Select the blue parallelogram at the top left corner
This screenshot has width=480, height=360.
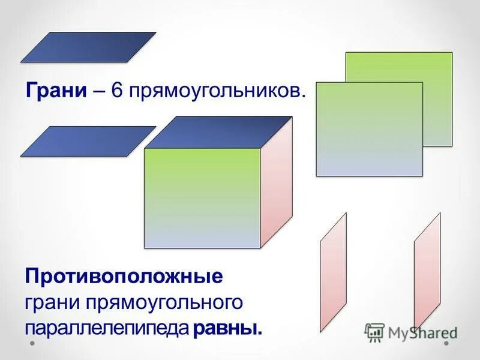click(88, 47)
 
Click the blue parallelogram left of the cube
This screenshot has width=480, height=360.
click(88, 142)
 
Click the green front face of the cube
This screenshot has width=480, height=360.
click(202, 198)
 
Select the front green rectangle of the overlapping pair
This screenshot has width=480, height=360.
click(369, 129)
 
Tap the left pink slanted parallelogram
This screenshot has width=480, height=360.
click(333, 272)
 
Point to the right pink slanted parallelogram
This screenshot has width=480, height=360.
click(427, 272)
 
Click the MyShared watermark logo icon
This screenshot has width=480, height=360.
click(374, 332)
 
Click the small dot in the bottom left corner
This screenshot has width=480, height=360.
click(32, 344)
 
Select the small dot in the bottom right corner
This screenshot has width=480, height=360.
click(447, 344)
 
